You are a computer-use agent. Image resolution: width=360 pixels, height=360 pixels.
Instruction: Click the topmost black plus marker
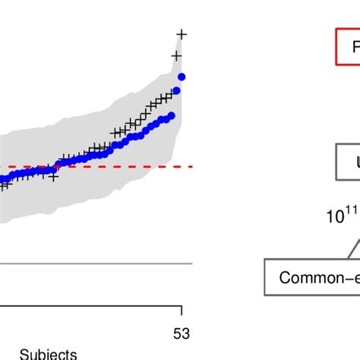point(181,33)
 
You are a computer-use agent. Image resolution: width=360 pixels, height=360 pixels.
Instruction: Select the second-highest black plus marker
point(176,55)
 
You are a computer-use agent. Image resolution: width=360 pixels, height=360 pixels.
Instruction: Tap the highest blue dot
point(182,76)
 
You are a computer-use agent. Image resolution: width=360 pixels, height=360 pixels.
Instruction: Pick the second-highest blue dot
point(176,91)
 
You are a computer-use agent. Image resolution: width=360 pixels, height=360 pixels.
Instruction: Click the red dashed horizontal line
point(114,166)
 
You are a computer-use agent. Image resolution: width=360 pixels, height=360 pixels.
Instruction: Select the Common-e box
point(312,277)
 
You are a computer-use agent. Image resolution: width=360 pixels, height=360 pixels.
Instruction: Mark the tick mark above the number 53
point(181,312)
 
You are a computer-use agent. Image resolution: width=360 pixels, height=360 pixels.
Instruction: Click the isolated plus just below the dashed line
point(53,176)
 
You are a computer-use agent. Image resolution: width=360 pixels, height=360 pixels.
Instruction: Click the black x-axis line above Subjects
point(91,308)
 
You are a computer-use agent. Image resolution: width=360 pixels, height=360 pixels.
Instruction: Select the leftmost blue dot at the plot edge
point(2,181)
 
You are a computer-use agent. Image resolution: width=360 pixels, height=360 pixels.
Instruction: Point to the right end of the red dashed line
point(191,166)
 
